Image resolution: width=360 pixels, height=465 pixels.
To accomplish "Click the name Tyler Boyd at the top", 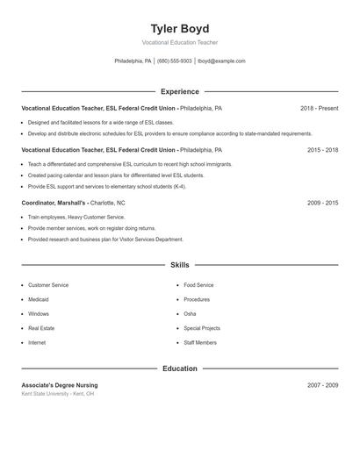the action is pos(179,29).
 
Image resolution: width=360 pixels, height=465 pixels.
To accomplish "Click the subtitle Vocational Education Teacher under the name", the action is pos(179,42).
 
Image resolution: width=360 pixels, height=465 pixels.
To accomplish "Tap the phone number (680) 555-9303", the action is pos(175,61).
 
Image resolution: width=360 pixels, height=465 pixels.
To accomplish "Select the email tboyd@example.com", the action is pos(221,61).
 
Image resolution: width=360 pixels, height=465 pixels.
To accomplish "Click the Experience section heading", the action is pos(179,91).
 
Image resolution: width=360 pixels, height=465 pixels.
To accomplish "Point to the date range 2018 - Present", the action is pos(319,108).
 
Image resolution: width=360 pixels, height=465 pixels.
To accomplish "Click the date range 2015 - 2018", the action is pos(322,150).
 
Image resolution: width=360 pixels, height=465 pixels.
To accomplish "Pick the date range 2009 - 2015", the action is pos(322,203).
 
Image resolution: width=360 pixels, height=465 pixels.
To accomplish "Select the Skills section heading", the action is pos(179,264).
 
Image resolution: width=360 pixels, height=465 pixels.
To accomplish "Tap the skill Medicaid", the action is pos(39,299).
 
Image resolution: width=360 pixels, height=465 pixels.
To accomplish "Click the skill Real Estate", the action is pos(40,328).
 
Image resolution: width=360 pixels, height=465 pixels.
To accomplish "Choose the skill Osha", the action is pos(190,313).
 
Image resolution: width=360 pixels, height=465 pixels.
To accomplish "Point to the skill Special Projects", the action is pos(201,328).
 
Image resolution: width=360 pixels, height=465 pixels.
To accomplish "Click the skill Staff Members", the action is pos(200,342).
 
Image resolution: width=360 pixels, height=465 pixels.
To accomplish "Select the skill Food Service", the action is pos(198,285).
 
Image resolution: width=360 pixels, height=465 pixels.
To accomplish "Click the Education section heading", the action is pos(179,368).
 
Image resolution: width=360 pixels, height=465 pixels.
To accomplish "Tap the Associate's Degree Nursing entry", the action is pos(60,385).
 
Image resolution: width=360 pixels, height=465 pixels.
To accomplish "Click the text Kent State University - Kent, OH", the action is pos(58,394).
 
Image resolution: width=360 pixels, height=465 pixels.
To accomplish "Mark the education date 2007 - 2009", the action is pos(322,385).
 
